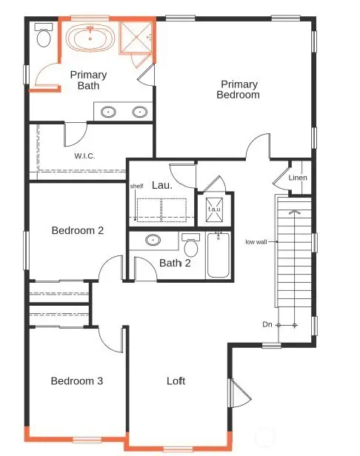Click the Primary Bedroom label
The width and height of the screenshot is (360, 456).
[x=238, y=90]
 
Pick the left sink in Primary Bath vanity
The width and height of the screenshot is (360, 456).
[x=109, y=113]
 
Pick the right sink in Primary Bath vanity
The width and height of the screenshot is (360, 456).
[x=139, y=113]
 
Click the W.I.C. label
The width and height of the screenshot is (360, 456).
[x=84, y=155]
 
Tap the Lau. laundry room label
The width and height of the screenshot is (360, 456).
[x=161, y=185]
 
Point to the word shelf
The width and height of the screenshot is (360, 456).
[x=136, y=187]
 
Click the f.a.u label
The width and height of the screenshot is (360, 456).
[x=214, y=209]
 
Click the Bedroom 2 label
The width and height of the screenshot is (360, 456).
[x=77, y=230]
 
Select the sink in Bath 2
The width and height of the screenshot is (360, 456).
[x=154, y=241]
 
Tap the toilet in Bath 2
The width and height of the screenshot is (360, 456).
[x=190, y=244]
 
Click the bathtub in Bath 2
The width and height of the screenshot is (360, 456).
[x=218, y=255]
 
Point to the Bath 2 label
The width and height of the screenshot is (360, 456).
[x=175, y=263]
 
